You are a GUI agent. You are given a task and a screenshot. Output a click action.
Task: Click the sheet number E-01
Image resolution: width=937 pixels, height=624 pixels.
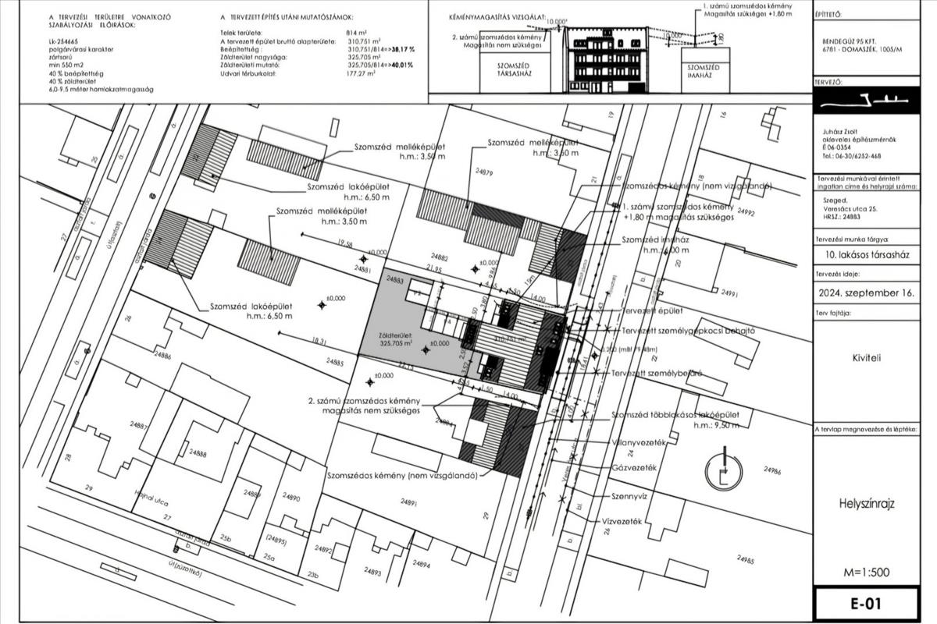click(867, 604)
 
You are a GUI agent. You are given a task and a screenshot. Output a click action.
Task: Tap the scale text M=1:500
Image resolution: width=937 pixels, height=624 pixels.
click(866, 573)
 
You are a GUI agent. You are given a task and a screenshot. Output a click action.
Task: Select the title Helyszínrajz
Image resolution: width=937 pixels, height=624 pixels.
click(867, 504)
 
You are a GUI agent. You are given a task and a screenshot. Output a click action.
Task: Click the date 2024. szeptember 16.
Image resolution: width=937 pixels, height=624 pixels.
click(867, 294)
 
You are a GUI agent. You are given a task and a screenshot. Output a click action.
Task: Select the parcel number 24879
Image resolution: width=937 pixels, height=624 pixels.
click(483, 172)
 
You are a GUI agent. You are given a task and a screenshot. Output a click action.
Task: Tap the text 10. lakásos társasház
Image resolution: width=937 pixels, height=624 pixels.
click(867, 255)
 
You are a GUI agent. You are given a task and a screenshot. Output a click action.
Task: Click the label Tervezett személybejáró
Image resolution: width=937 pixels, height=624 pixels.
click(662, 373)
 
